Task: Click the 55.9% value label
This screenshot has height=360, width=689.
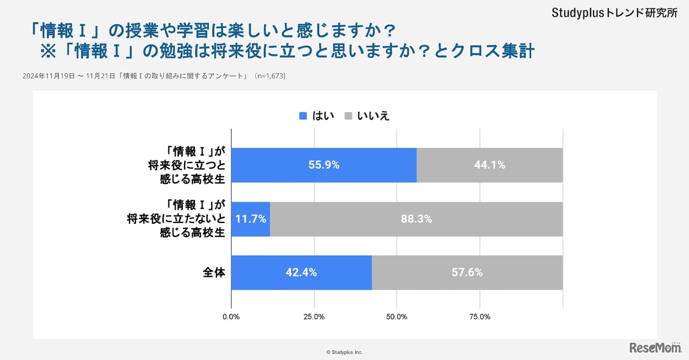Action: [x=324, y=165]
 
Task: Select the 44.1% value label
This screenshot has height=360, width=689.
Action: [x=489, y=165]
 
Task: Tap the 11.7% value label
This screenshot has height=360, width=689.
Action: [x=251, y=219]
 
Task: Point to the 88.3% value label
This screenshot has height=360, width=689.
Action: [x=416, y=219]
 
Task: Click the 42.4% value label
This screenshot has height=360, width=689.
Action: [x=301, y=272]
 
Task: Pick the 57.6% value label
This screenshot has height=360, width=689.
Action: [x=467, y=272]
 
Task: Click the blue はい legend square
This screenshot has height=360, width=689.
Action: [x=303, y=116]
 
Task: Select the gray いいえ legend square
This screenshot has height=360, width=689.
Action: [x=348, y=116]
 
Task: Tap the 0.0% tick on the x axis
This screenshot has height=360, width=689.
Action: [x=231, y=317]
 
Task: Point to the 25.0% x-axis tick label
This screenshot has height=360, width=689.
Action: [x=314, y=317]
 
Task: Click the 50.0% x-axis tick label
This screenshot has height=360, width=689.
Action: [x=397, y=317]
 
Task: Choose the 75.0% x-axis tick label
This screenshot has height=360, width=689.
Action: [x=480, y=317]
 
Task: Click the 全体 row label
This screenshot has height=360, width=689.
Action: [x=213, y=272]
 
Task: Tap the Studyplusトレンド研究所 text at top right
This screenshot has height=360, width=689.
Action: [x=614, y=13]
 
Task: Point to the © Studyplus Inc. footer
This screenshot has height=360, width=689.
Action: [x=344, y=352]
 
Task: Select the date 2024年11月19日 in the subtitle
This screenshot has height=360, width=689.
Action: [x=48, y=76]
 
